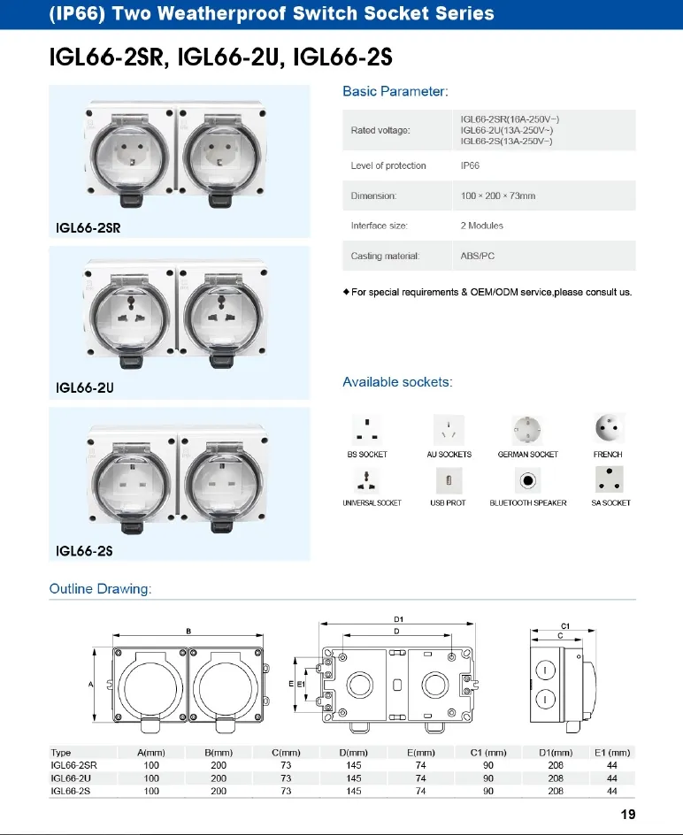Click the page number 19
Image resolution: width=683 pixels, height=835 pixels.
[x=628, y=815]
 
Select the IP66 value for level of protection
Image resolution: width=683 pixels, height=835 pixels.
[x=470, y=166]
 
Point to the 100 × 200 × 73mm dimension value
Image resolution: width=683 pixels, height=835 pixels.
[x=498, y=195]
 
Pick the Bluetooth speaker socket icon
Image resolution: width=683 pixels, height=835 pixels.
[x=528, y=480]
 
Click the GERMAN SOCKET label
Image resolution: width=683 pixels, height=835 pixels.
[x=528, y=455]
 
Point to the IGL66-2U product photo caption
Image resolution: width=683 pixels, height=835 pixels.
[x=85, y=387]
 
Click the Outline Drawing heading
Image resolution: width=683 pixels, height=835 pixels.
[x=101, y=589]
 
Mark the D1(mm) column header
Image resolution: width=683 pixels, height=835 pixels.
[x=556, y=753]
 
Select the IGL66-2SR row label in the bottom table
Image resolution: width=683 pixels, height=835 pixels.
[x=74, y=765]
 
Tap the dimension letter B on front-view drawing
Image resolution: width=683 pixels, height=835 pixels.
[x=189, y=631]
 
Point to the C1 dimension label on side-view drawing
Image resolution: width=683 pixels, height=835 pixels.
[x=564, y=626]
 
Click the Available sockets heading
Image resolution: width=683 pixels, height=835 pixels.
[x=397, y=382]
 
